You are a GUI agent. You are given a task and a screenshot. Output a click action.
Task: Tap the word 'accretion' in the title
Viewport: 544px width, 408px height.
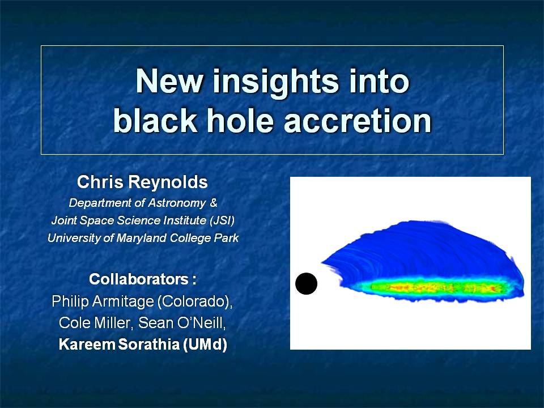(x=358, y=120)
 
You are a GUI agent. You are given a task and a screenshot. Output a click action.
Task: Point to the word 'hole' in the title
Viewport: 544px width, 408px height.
(x=239, y=120)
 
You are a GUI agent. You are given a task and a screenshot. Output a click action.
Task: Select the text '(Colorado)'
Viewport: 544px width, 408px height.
(x=194, y=301)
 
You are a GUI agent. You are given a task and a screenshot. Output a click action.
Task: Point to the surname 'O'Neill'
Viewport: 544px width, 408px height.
(x=201, y=323)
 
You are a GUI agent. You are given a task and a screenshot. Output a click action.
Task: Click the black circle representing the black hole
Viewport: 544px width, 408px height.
(x=306, y=283)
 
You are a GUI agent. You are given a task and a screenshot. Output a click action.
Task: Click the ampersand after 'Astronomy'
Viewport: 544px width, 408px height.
(x=214, y=202)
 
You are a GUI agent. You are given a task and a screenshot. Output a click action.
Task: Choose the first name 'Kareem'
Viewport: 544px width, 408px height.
(x=87, y=345)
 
